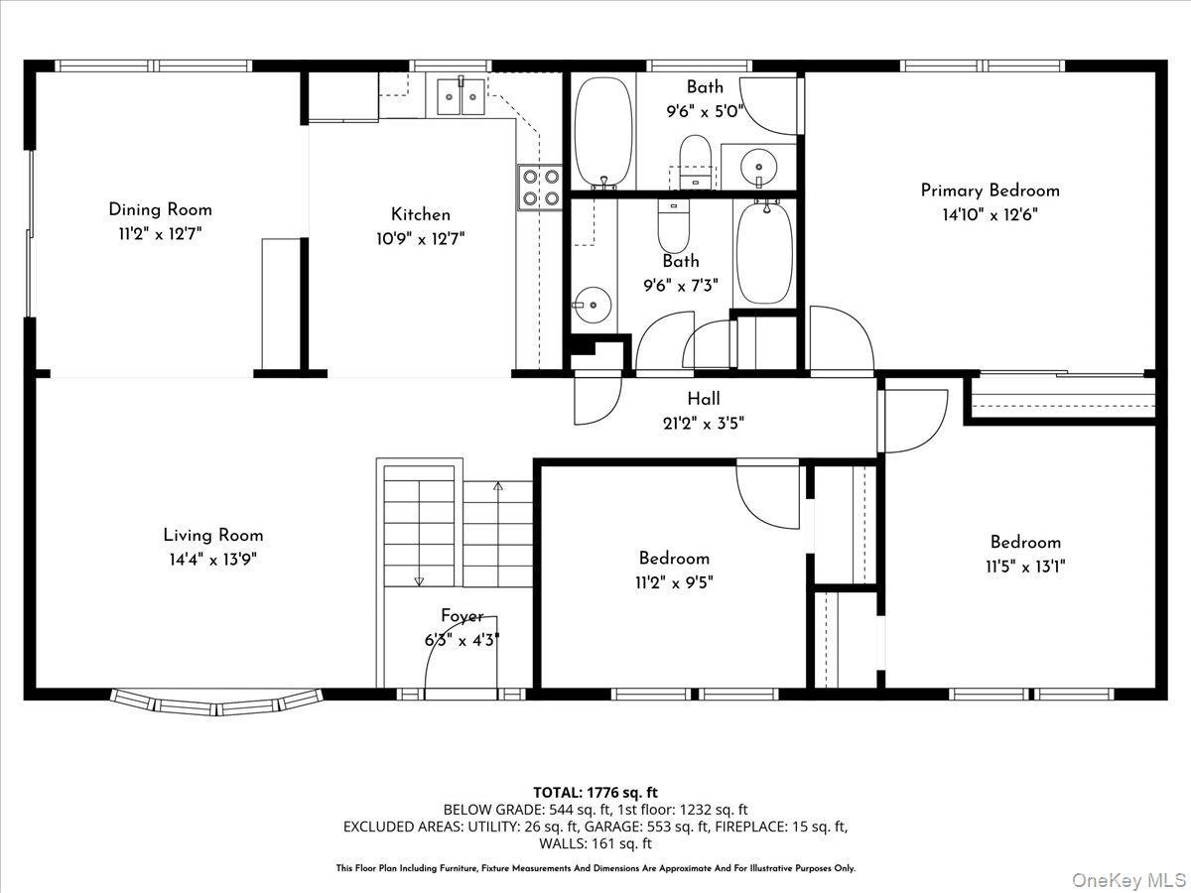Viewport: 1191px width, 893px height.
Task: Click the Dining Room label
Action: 160,209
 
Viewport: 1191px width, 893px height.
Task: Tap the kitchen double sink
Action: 460,95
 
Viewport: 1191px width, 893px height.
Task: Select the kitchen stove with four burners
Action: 539,187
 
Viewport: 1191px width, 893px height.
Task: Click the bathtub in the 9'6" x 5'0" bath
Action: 603,131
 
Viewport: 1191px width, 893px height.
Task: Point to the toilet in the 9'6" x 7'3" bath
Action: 673,227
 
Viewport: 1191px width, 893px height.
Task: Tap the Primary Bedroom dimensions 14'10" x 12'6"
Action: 990,214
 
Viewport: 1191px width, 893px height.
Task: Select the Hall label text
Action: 704,399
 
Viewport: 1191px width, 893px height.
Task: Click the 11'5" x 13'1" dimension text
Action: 1025,567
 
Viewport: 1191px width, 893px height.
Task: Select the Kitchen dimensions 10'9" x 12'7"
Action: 420,238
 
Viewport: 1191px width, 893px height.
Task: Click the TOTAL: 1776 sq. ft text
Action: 595,792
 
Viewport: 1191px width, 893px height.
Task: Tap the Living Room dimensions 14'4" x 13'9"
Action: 213,560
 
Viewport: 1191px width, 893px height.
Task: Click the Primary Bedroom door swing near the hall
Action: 840,339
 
